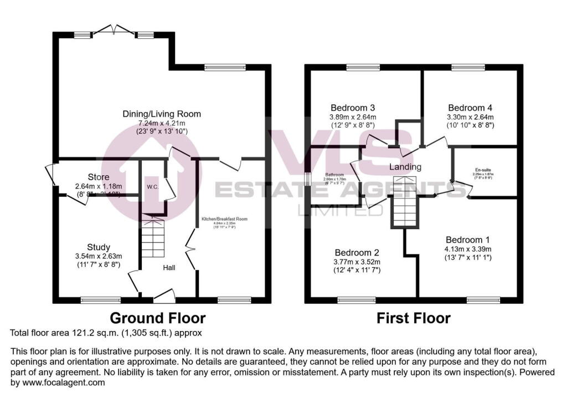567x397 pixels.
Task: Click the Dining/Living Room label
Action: pos(162,114)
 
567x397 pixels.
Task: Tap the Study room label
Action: pos(99,247)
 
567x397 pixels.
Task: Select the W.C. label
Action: pos(153,187)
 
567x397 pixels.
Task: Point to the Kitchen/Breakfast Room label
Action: pos(224,220)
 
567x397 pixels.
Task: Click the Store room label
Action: pos(99,177)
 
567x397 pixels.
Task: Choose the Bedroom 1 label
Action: pos(468,240)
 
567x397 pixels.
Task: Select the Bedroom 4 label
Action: pos(470,108)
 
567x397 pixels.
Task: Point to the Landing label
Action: pos(406,167)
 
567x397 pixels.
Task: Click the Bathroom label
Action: pos(334,175)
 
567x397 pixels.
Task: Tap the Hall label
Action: pos(169,268)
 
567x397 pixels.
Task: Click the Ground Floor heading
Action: pos(158,318)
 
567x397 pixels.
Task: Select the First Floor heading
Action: pos(414,318)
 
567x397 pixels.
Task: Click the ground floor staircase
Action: pos(152,239)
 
